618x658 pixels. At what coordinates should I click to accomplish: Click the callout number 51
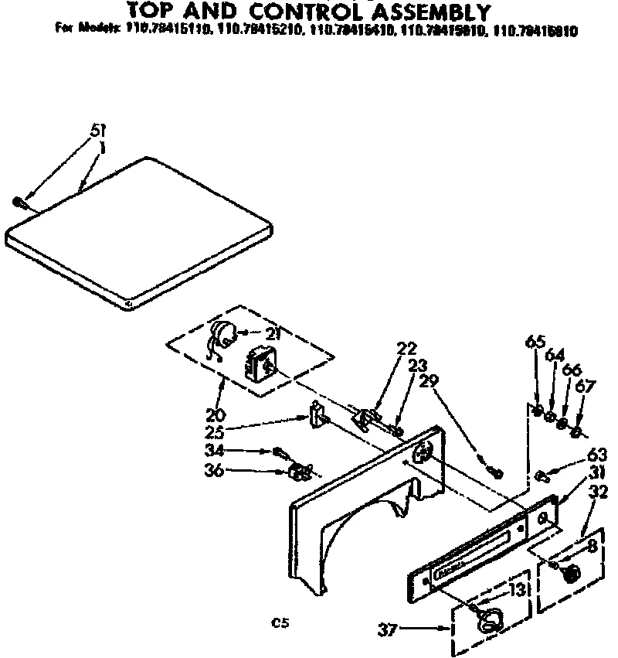(x=98, y=130)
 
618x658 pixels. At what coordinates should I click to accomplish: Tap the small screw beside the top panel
(x=21, y=202)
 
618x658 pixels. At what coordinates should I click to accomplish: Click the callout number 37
(x=389, y=629)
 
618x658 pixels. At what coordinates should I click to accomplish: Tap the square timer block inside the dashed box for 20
(x=260, y=362)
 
